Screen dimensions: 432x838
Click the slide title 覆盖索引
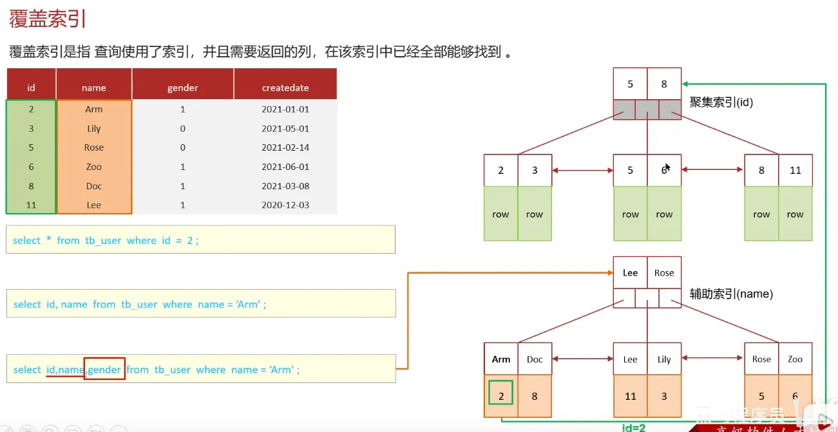coord(48,19)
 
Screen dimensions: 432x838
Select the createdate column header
coord(285,88)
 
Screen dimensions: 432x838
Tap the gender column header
coord(182,88)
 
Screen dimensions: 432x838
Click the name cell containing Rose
coord(94,147)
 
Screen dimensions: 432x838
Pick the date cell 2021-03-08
coord(285,186)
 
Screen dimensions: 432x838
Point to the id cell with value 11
coord(31,205)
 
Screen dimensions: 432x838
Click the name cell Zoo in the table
coord(94,167)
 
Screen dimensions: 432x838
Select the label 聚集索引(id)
coord(721,102)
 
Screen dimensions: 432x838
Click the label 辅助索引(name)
coord(731,294)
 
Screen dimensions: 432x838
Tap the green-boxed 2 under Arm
coord(501,392)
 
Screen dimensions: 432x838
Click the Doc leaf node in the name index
coord(535,359)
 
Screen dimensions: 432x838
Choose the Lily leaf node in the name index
coord(664,359)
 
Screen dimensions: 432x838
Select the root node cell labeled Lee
coord(630,272)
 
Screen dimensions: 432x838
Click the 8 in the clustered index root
coord(664,84)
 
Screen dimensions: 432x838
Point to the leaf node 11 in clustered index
coord(795,171)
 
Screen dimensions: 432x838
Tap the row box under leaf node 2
coord(500,214)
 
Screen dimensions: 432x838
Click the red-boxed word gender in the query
coord(104,370)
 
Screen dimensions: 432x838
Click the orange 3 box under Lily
coord(664,396)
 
